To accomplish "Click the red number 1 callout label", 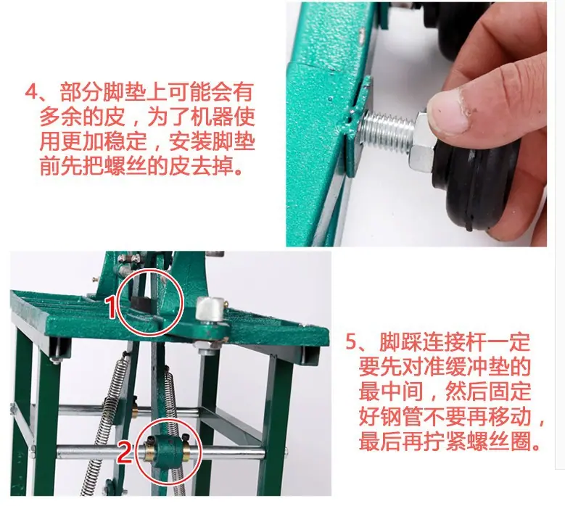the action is (x=112, y=307).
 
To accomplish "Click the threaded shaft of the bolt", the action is (x=387, y=129).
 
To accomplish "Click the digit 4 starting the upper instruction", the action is (x=32, y=91).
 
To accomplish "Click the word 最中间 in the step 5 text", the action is (x=391, y=392).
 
